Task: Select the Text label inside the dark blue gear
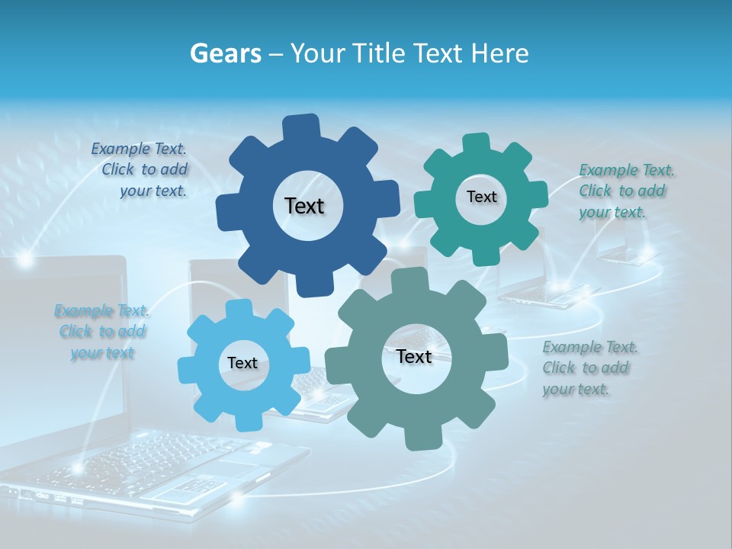304,206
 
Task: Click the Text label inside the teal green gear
481,197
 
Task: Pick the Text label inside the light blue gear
242,364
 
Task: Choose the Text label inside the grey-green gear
414,357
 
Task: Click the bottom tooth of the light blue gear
247,421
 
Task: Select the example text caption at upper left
140,170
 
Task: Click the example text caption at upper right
625,191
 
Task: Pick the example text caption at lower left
101,332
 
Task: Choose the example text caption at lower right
589,368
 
